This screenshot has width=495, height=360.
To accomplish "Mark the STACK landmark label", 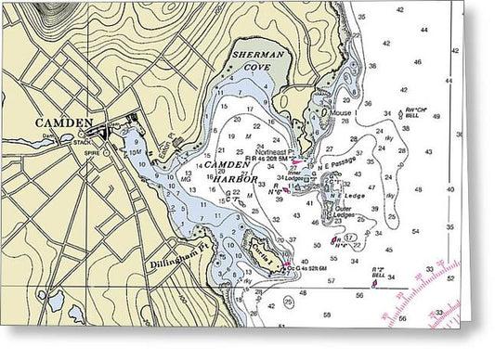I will click(x=85, y=142).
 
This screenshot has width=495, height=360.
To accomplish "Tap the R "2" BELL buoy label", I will click(x=379, y=276).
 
